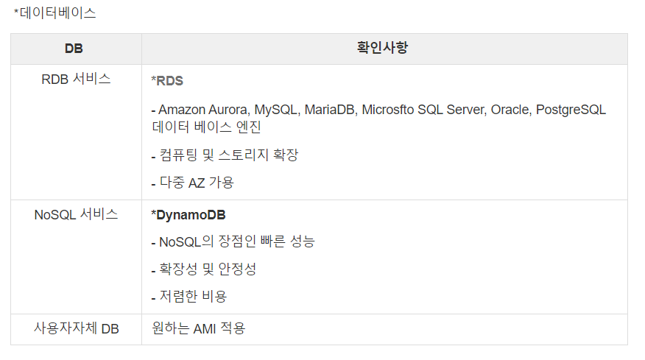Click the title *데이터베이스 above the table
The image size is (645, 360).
(55, 13)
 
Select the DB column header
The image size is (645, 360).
(74, 49)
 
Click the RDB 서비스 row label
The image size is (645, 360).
(76, 80)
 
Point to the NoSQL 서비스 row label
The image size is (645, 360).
(76, 215)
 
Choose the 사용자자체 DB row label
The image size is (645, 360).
(76, 329)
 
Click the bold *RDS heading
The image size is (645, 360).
(167, 80)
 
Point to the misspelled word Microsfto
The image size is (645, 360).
(388, 110)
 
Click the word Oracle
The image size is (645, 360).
(510, 110)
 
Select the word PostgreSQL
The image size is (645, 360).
(571, 110)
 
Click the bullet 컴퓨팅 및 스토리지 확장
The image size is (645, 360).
(225, 155)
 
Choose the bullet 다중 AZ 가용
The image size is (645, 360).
(192, 183)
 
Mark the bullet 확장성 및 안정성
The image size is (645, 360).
(203, 269)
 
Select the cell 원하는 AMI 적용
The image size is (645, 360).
(198, 329)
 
